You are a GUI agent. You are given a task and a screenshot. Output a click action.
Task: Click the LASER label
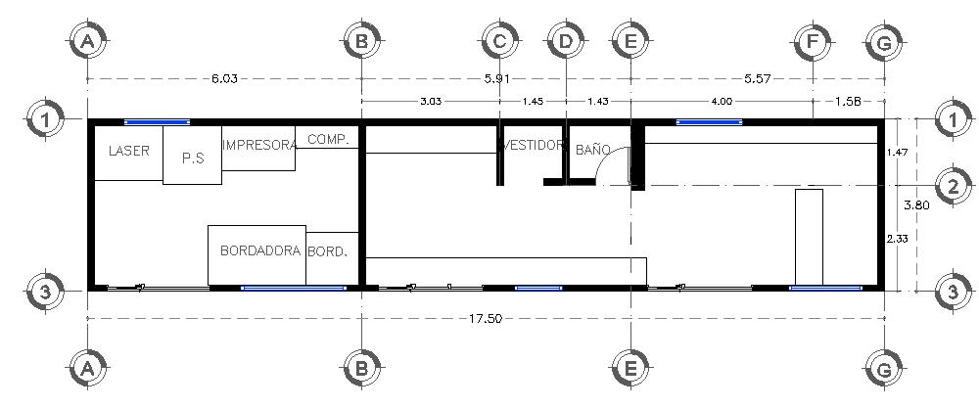pyautogui.click(x=128, y=151)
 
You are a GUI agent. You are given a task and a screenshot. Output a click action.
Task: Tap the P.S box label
pyautogui.click(x=192, y=158)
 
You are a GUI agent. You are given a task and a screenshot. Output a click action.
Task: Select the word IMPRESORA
pyautogui.click(x=259, y=145)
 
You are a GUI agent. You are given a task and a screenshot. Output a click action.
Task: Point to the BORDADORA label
pyautogui.click(x=259, y=250)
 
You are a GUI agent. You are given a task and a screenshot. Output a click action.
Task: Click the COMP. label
pyautogui.click(x=328, y=140)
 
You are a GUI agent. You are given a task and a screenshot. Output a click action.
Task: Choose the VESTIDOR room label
pyautogui.click(x=535, y=145)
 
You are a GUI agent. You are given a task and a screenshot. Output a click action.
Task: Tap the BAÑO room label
pyautogui.click(x=592, y=150)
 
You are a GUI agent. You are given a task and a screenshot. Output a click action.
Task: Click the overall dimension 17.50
pyautogui.click(x=486, y=319)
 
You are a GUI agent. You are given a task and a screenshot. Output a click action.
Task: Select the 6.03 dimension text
pyautogui.click(x=224, y=76)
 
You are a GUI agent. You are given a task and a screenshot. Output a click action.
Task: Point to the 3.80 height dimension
pyautogui.click(x=915, y=205)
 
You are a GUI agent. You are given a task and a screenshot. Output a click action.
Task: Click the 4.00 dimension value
pyautogui.click(x=721, y=101)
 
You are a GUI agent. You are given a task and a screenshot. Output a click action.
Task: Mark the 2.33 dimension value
pyautogui.click(x=898, y=238)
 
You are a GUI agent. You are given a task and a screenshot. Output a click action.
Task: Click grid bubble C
pyautogui.click(x=499, y=41)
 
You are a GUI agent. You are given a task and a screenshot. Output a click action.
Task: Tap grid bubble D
pyautogui.click(x=565, y=41)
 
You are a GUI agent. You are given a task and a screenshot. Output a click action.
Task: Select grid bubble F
pyautogui.click(x=812, y=41)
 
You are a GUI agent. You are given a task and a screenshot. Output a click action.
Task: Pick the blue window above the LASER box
pyautogui.click(x=157, y=122)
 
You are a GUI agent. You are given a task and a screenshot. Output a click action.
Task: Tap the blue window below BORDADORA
pyautogui.click(x=294, y=288)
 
